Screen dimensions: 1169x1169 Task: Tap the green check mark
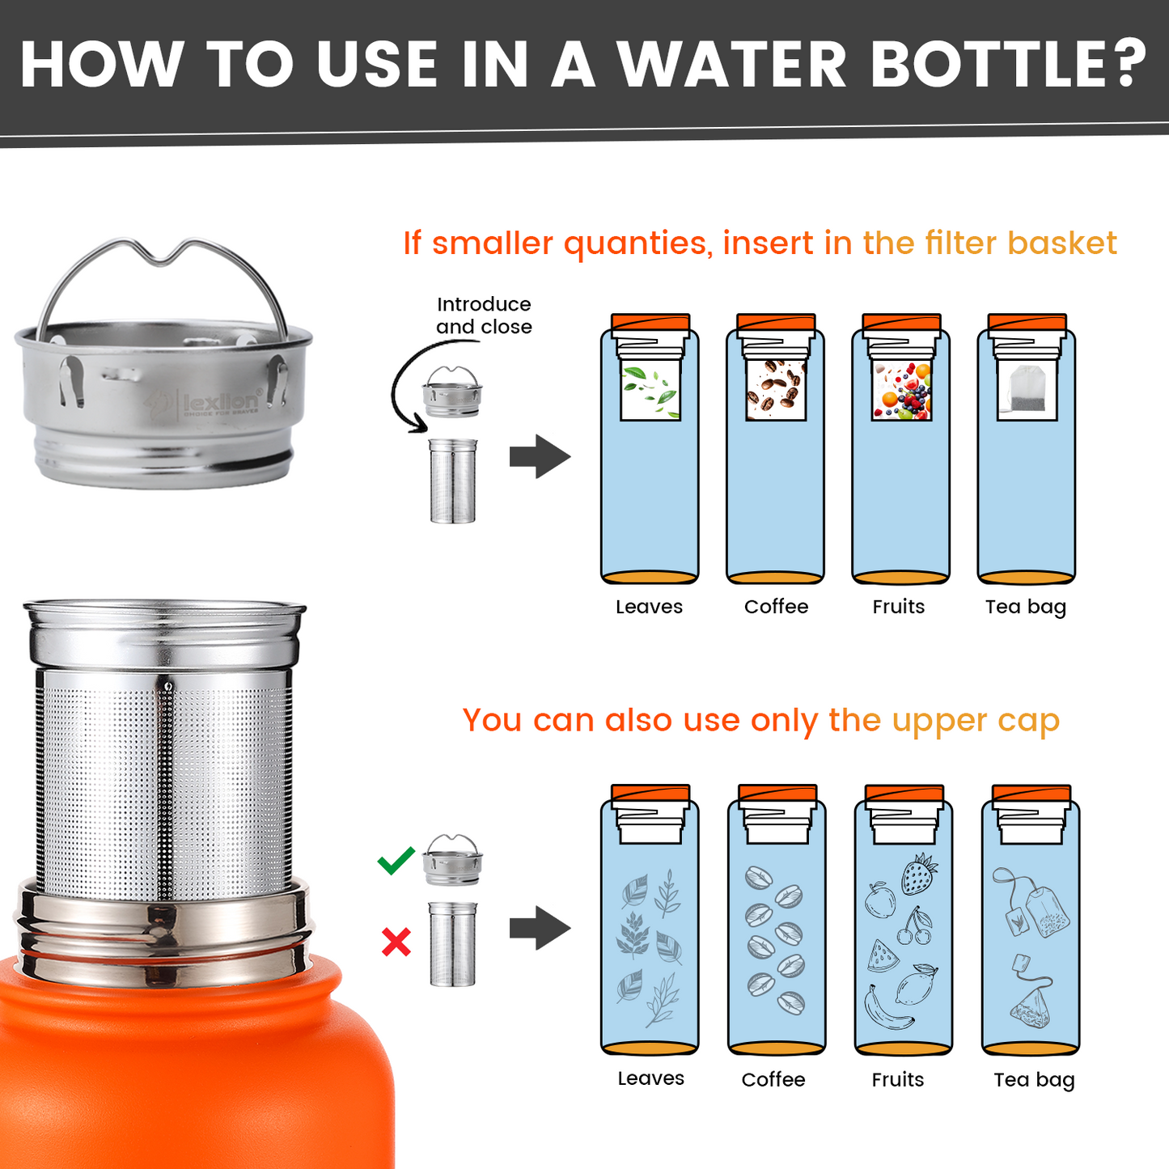[396, 861]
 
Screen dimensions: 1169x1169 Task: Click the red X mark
[396, 942]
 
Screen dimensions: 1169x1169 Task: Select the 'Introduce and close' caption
[484, 316]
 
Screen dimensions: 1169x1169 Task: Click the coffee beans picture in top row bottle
[776, 390]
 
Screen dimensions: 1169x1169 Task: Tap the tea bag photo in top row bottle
[1027, 390]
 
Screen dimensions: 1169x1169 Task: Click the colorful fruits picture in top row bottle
[901, 390]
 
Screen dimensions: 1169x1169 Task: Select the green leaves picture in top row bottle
[650, 390]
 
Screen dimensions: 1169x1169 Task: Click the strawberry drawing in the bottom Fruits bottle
[919, 875]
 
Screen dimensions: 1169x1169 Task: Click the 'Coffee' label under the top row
[776, 607]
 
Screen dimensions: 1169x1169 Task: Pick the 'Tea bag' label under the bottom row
[1033, 1080]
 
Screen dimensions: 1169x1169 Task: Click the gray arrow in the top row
[540, 457]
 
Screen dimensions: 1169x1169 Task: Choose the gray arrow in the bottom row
[540, 928]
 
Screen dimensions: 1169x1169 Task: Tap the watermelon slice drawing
[882, 956]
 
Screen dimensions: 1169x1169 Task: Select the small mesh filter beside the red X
[453, 944]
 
